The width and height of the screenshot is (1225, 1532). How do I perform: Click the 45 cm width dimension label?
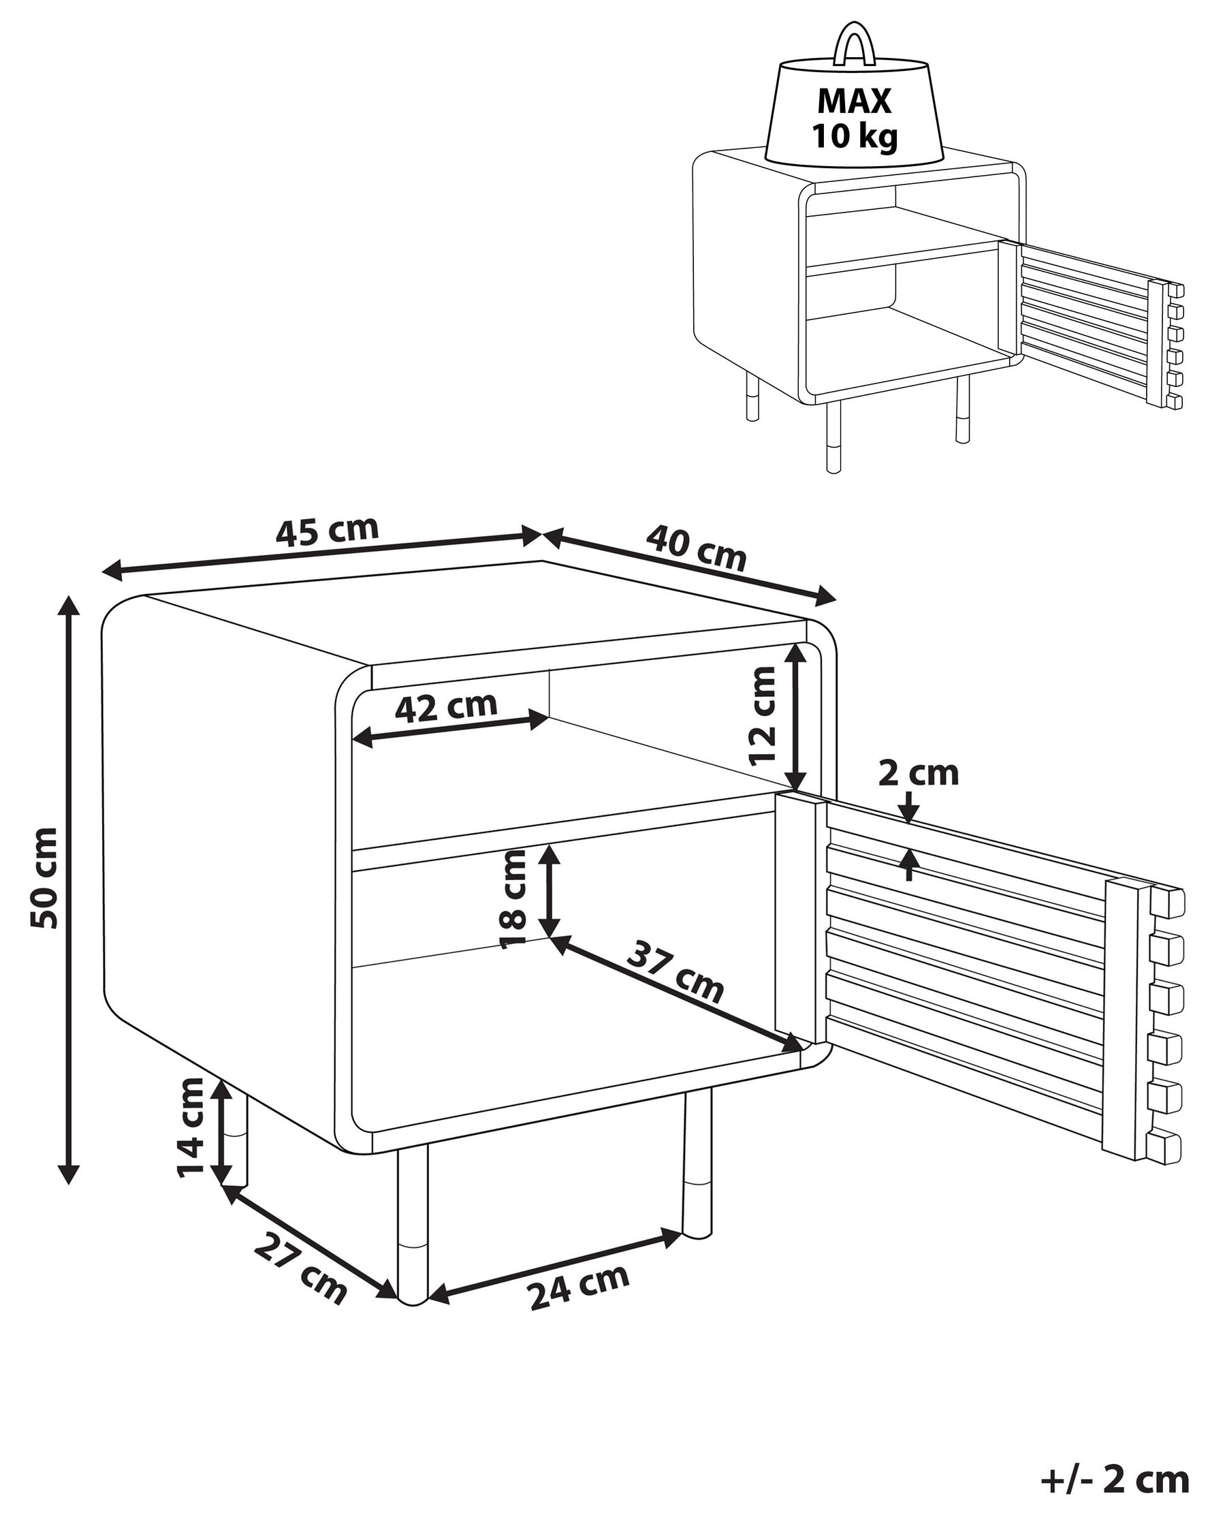tap(327, 531)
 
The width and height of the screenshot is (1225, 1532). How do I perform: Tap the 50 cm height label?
tap(45, 877)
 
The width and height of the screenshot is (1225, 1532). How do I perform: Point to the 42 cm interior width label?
tap(446, 707)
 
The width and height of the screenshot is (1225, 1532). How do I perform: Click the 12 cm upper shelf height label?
tap(763, 715)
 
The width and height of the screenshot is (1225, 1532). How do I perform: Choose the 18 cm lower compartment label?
tap(513, 900)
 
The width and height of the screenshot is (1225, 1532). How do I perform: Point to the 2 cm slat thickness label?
tap(918, 773)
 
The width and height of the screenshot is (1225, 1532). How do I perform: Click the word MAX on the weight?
tap(854, 101)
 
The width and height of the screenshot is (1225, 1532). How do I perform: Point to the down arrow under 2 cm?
tap(910, 811)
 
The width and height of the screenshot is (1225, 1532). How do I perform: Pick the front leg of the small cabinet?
tap(833, 437)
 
